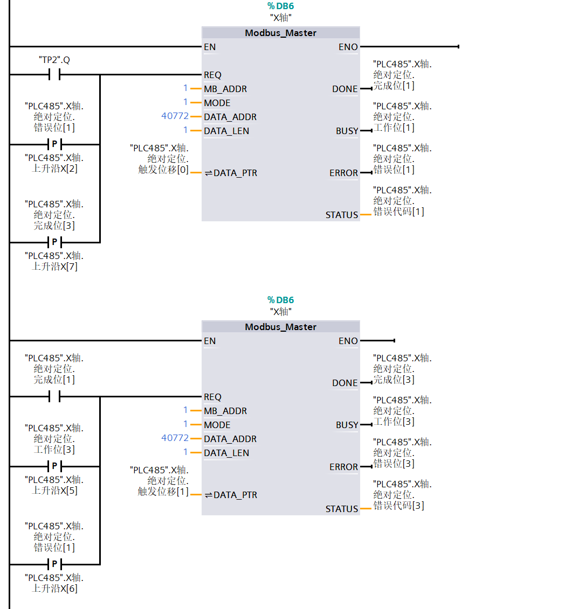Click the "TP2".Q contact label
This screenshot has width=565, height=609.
(54, 60)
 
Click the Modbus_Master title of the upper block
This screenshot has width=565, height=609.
(280, 33)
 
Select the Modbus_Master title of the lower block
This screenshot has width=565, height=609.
(280, 327)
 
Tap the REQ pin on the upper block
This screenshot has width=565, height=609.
(212, 75)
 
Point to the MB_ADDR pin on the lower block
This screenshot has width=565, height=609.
(225, 411)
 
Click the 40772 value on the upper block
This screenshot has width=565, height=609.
(175, 116)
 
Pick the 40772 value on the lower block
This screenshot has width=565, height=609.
(175, 438)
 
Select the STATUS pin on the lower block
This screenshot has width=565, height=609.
(342, 509)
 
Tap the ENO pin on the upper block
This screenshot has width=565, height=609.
(348, 47)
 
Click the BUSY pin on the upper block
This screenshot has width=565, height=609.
(347, 131)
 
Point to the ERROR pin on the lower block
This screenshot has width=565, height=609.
(343, 467)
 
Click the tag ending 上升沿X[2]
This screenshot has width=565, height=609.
(54, 163)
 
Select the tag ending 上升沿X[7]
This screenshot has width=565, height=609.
(54, 261)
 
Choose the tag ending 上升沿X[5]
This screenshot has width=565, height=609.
(54, 485)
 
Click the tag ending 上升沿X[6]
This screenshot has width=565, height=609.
(54, 583)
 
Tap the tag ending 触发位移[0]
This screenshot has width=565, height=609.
(160, 159)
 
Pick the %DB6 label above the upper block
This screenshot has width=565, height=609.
(281, 6)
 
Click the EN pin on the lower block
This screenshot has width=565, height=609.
(210, 341)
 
